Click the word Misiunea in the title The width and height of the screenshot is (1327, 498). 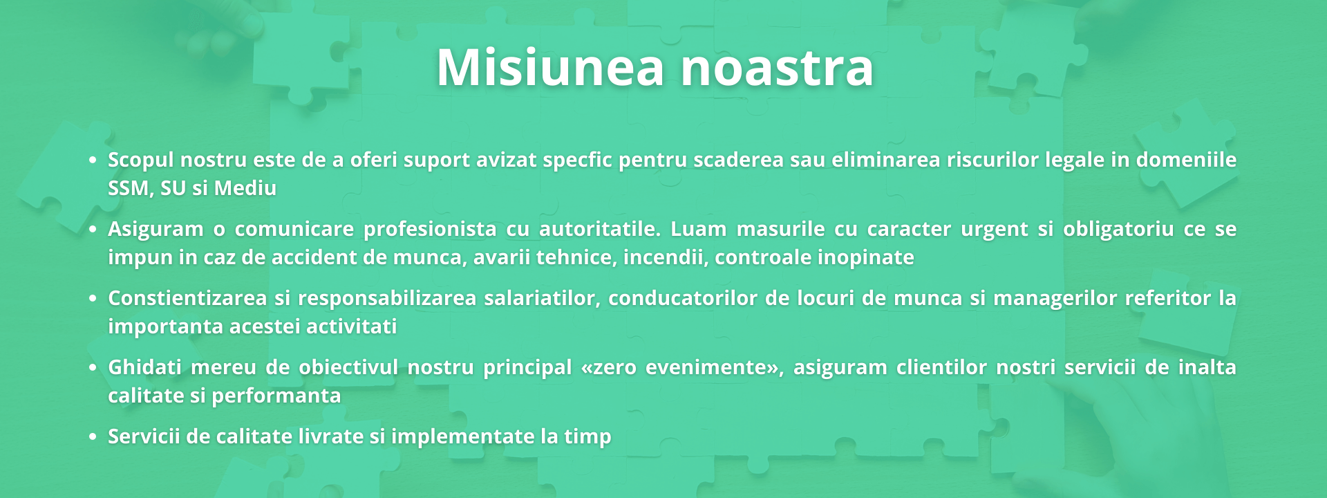[550, 67]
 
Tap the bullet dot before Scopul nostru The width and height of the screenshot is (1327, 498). [93, 160]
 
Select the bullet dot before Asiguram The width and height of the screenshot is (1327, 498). [93, 230]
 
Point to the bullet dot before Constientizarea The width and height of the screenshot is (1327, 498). [93, 299]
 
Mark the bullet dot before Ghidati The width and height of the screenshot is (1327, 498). [93, 368]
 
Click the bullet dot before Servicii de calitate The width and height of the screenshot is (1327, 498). [93, 437]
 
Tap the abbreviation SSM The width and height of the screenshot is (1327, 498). [129, 188]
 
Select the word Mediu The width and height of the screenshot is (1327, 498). [245, 188]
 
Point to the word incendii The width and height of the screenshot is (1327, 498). [665, 257]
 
